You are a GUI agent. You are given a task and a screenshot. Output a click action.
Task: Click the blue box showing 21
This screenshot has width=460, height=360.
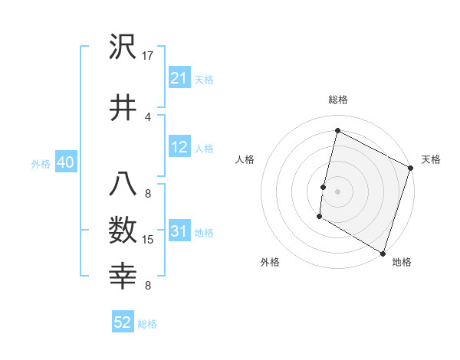coord(179,78)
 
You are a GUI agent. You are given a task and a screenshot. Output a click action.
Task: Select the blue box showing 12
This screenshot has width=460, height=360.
coord(179,147)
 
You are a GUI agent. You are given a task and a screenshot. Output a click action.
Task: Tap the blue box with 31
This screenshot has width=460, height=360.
coord(179,231)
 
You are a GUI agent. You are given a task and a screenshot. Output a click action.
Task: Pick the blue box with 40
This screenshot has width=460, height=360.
coord(65,162)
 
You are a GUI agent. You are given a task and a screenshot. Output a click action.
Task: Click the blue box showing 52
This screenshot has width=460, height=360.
coord(123,322)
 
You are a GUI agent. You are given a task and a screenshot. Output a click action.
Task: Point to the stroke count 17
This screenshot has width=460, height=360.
coord(149,55)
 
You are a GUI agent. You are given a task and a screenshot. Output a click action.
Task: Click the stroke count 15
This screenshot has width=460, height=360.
coord(149,240)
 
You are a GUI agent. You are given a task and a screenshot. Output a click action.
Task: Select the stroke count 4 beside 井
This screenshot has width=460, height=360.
coord(148,116)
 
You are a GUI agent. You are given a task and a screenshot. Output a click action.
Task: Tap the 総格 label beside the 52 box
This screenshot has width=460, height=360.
coord(147,324)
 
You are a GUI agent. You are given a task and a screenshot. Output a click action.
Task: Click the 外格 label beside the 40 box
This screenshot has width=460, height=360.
coord(41,164)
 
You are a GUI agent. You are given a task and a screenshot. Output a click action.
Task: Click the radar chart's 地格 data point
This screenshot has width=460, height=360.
coord(383,253)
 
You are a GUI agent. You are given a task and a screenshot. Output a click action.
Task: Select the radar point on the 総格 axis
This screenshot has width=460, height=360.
coord(337,131)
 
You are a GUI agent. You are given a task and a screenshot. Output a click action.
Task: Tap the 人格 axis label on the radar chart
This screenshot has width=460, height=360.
coord(245,159)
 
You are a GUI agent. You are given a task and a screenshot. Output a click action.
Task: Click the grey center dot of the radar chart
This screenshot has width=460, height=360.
coord(337,191)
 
